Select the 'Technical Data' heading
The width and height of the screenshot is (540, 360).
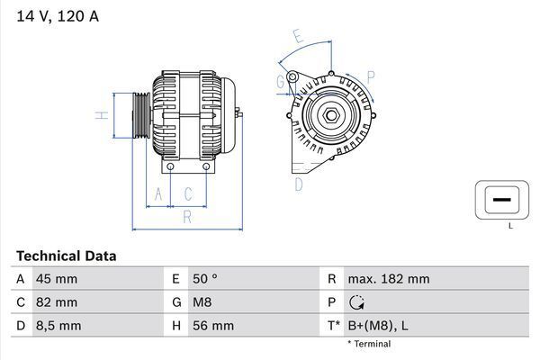(x=66, y=256)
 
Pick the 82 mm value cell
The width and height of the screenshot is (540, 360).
(x=56, y=302)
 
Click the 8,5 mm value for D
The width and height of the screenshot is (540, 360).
(x=58, y=325)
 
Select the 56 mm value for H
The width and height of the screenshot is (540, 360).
(x=211, y=325)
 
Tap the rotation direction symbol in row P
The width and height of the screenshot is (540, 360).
(x=356, y=302)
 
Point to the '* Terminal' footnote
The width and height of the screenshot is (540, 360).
(x=369, y=344)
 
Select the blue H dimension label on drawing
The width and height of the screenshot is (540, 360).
(x=103, y=114)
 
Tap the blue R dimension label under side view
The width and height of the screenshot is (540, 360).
(x=187, y=216)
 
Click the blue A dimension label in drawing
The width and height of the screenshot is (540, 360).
(x=158, y=193)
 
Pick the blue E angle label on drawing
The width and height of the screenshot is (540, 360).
(x=299, y=37)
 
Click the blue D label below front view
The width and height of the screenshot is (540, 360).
(x=299, y=184)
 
